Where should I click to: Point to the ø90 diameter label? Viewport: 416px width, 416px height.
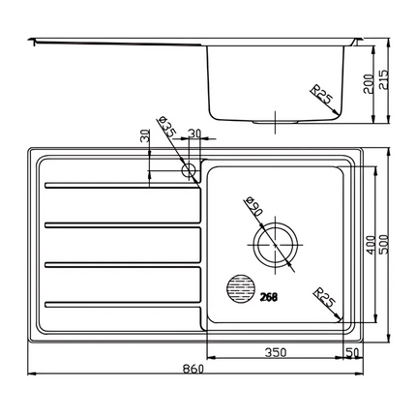[x=254, y=206]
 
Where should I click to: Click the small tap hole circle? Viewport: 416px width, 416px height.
[x=191, y=169]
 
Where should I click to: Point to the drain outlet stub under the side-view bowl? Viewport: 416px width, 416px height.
[x=276, y=123]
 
